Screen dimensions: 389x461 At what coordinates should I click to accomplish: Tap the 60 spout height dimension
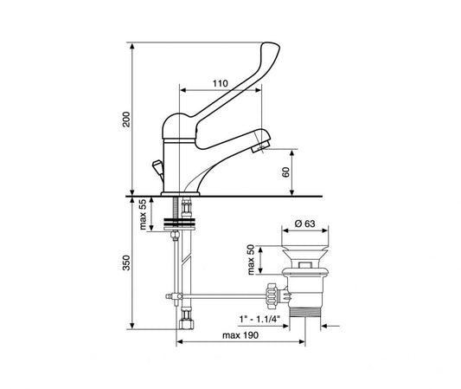[x=286, y=172]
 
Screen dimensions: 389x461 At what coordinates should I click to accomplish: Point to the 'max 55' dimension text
[x=143, y=214]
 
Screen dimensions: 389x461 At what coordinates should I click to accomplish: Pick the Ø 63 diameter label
[x=304, y=224]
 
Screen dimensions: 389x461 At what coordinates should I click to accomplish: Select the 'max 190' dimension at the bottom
[x=238, y=335]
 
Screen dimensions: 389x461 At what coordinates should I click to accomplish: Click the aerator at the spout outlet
[x=258, y=148]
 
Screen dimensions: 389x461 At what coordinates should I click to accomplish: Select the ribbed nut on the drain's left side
[x=275, y=294]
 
